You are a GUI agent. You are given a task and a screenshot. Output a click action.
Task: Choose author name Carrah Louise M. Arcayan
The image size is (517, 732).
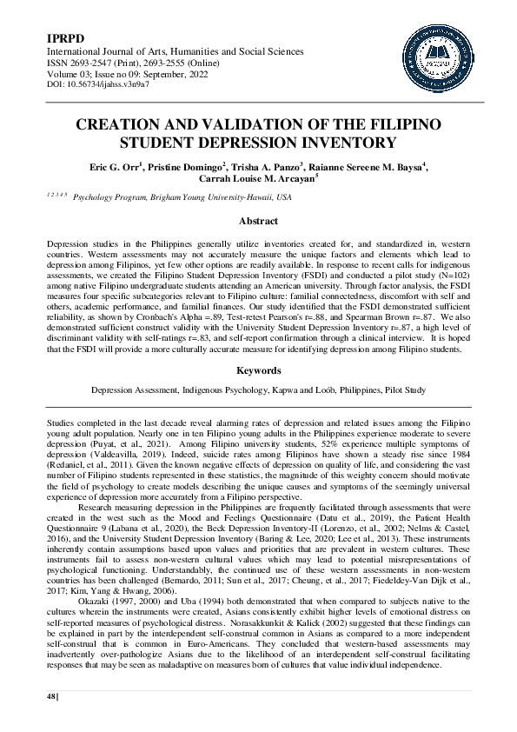pyautogui.click(x=257, y=180)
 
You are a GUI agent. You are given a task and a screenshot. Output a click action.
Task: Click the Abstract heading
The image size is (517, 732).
pyautogui.click(x=257, y=222)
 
